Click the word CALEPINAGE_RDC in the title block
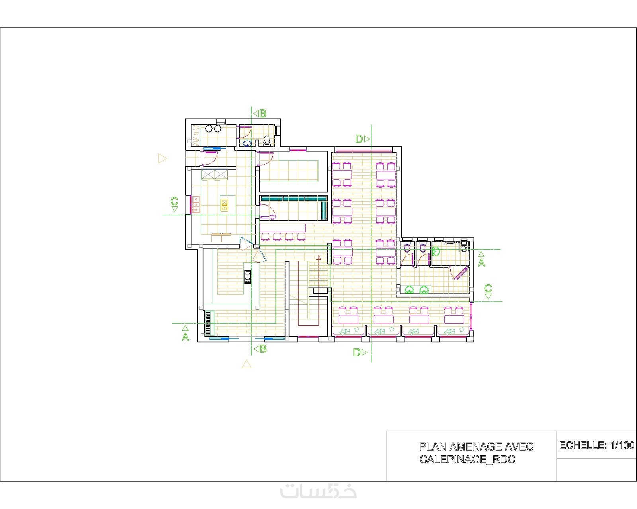(x=467, y=459)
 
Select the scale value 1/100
(x=622, y=445)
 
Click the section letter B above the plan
(x=263, y=114)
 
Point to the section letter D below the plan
(x=357, y=352)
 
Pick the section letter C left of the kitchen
(x=174, y=201)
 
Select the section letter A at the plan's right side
(x=481, y=263)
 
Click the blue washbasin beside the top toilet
(x=247, y=144)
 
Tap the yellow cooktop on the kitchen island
(x=225, y=205)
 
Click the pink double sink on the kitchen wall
(x=195, y=205)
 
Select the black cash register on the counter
(x=248, y=277)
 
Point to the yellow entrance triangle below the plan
(x=246, y=364)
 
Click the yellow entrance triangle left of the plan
(x=162, y=159)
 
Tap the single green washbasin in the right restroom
(x=436, y=252)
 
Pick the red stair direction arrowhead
(x=319, y=258)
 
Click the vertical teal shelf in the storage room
(x=324, y=210)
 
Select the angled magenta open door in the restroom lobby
(x=461, y=273)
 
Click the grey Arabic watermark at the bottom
(x=318, y=491)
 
